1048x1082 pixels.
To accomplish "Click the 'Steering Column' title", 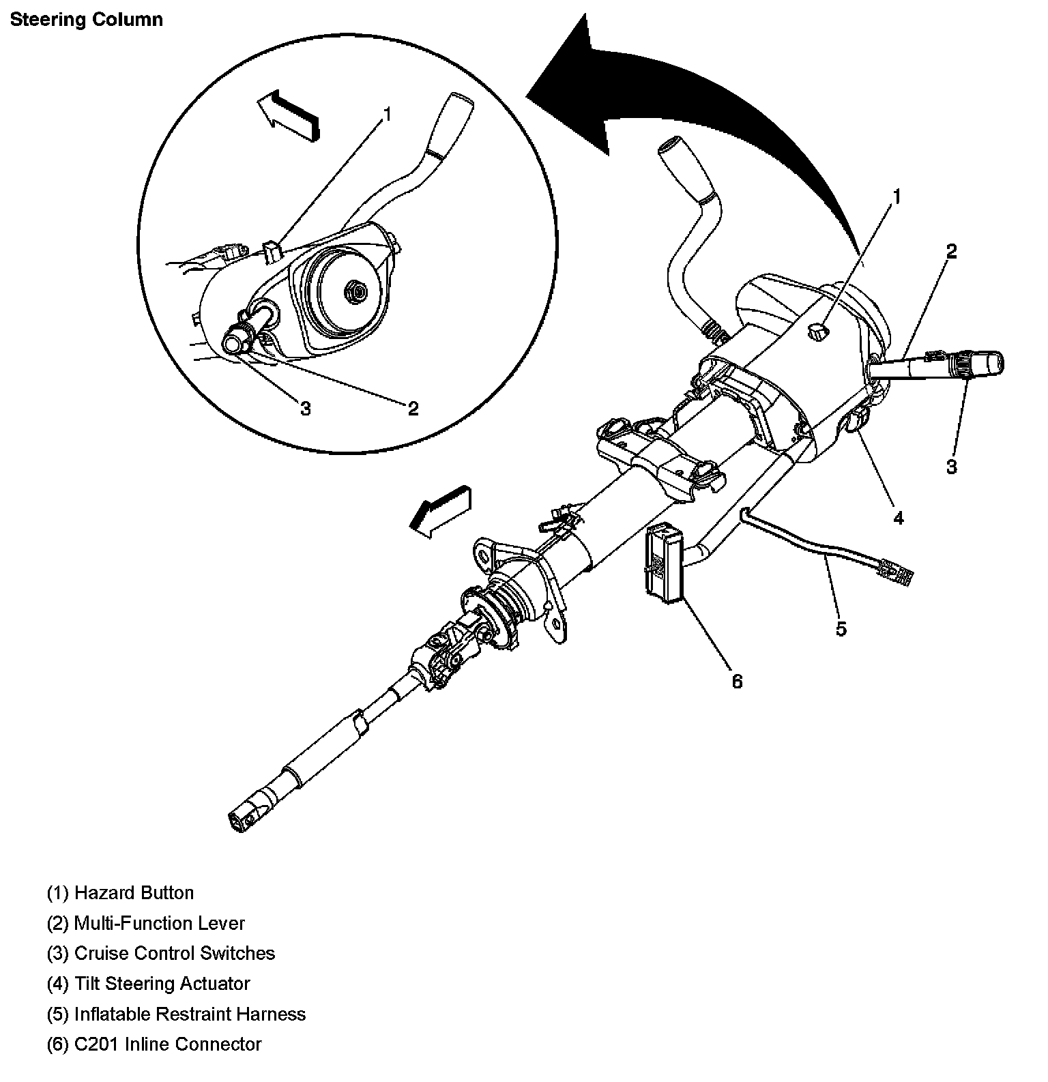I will (x=86, y=19).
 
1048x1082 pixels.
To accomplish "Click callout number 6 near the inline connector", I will (x=737, y=681).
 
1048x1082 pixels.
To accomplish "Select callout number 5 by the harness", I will (x=841, y=628).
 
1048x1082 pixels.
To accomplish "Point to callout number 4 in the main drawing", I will (x=898, y=518).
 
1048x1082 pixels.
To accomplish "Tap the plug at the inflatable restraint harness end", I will (x=894, y=572).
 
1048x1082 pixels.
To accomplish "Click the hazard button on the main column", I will (x=817, y=332).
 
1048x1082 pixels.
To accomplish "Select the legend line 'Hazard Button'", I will (x=120, y=893).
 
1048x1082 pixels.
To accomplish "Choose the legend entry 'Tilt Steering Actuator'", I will (x=148, y=983).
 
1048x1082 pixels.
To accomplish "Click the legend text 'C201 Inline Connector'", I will (x=154, y=1044).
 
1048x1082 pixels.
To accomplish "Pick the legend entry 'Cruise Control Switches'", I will (x=161, y=953).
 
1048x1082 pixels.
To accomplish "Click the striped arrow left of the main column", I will (x=440, y=509).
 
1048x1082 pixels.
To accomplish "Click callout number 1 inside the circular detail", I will (x=387, y=113).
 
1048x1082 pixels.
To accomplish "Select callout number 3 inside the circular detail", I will (x=305, y=408).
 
